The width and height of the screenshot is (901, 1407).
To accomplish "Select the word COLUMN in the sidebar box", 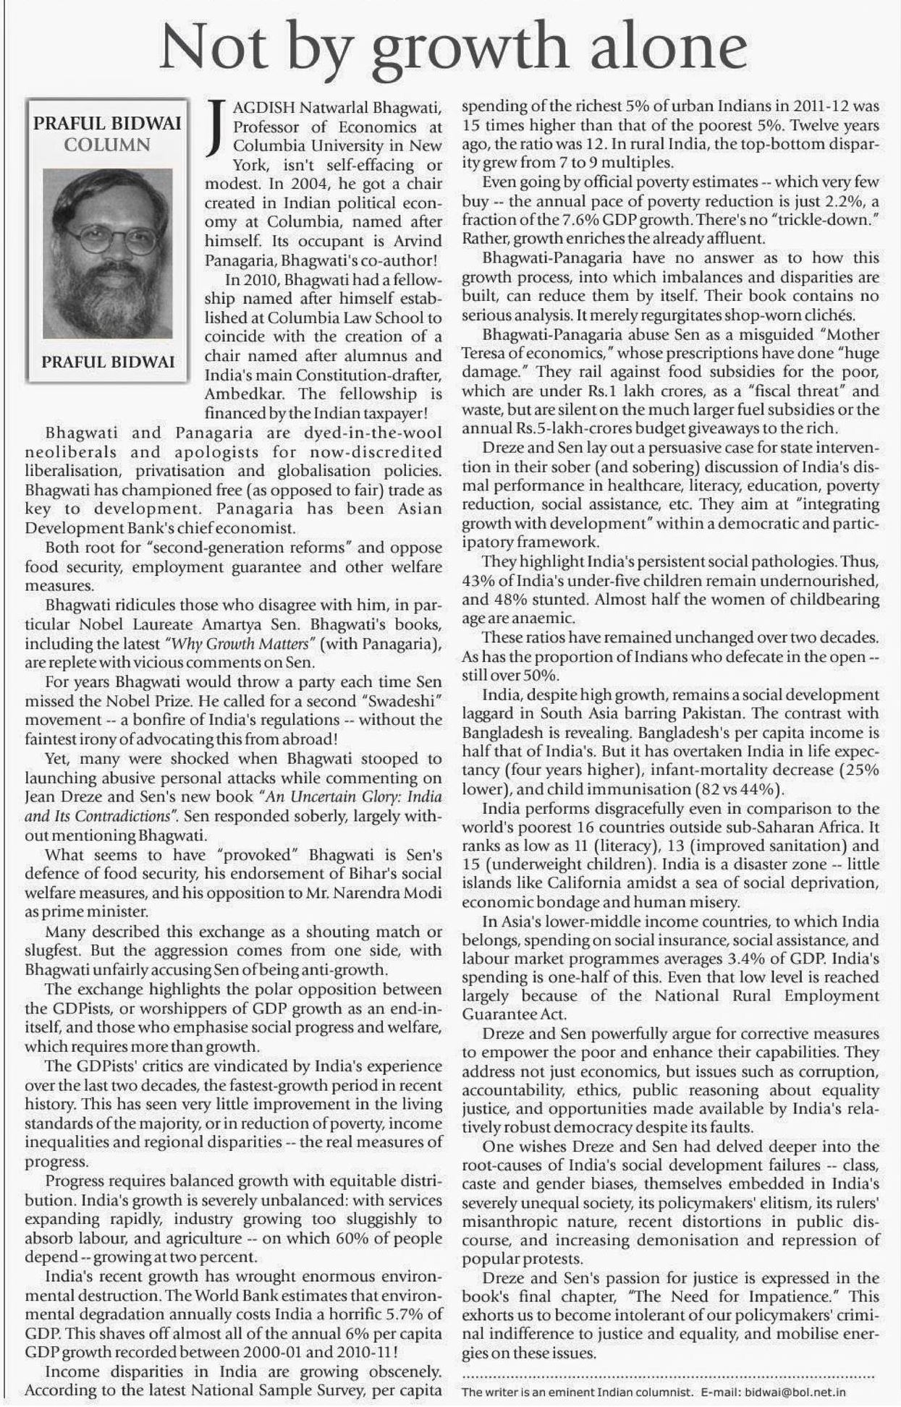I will click(107, 144).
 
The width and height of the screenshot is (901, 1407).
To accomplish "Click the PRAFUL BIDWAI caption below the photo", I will click(108, 362).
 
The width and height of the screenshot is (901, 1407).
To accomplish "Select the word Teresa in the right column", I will click(485, 354).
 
